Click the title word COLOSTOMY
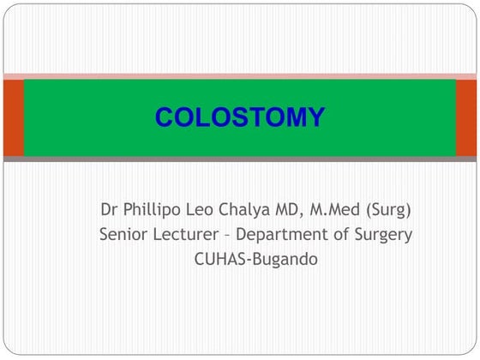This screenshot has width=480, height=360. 239,117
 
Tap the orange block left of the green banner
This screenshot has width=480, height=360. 12,117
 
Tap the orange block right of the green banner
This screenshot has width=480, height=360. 466,117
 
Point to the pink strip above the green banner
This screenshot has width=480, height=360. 240,76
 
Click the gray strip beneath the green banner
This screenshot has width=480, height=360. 240,159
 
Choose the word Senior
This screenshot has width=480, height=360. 123,234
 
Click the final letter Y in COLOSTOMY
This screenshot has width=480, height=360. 315,117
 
